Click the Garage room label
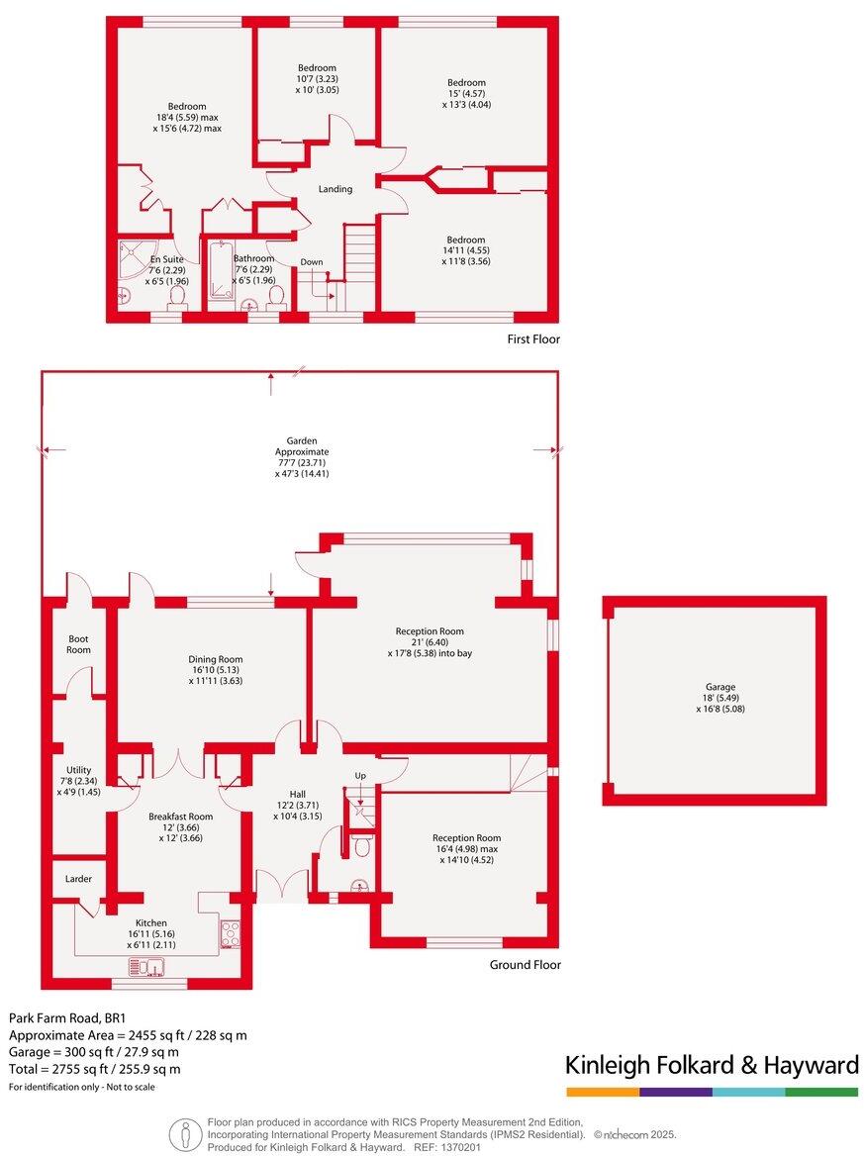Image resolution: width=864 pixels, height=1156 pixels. tap(714, 687)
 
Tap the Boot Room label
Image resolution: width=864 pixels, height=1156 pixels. tap(78, 644)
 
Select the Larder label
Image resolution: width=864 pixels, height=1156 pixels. tap(78, 878)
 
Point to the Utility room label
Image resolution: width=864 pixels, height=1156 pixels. tap(78, 770)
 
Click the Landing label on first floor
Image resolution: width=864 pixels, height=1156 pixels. tap(335, 189)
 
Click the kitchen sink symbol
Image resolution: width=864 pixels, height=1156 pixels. tap(152, 966)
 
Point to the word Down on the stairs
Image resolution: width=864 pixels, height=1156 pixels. tap(312, 262)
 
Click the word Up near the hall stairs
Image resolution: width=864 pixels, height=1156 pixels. tap(360, 775)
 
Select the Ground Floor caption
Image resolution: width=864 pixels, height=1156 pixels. tap(526, 964)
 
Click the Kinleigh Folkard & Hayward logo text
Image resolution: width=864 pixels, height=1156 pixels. tap(711, 1065)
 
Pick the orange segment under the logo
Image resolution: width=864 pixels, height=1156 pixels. tap(602, 1092)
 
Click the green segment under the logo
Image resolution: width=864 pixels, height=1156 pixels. tap(821, 1092)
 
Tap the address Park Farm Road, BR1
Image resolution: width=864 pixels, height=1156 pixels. tap(65, 1017)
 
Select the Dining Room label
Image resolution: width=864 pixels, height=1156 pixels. tap(216, 659)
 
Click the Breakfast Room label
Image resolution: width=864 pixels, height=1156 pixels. tap(180, 817)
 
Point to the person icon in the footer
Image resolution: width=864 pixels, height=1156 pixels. tap(182, 1133)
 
